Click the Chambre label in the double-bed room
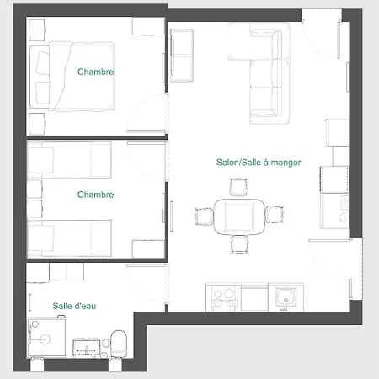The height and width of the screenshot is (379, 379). pos(95,72)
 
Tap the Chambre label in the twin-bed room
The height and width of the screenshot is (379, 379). pos(95,195)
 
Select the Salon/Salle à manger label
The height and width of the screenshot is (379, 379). pos(259,163)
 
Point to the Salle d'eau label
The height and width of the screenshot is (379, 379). pos(74,306)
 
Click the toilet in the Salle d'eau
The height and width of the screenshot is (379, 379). pos(119,344)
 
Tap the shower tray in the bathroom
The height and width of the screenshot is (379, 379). pos(47,338)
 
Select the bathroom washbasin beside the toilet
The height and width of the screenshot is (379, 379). pos(86,347)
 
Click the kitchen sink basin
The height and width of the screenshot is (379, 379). pos(286,297)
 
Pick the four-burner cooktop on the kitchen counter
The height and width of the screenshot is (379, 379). pos(223,298)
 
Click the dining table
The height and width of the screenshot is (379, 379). pos(239,216)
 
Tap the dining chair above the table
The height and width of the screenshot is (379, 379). pos(238,187)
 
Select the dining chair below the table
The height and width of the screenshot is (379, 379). pos(239,244)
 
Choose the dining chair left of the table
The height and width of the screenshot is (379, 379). pos(204,216)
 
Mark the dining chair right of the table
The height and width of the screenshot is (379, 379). pos(275,215)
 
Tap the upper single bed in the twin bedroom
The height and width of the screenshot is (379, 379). pos(69,160)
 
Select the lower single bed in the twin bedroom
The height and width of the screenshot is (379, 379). pos(69,238)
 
